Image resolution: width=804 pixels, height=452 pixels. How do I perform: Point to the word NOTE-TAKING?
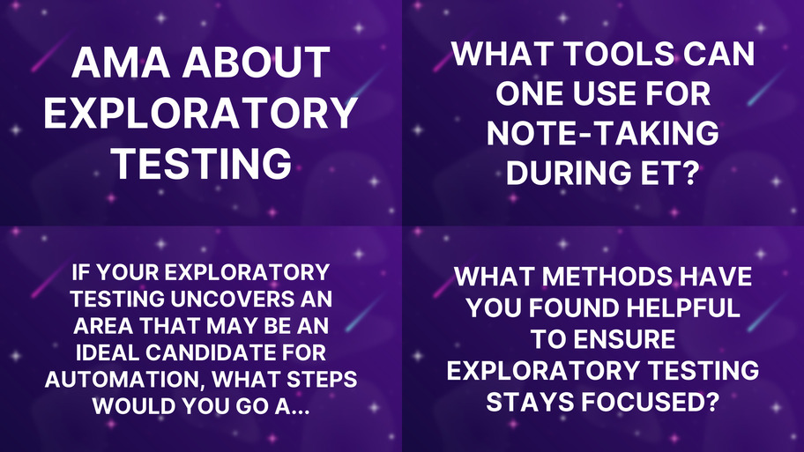(x=603, y=134)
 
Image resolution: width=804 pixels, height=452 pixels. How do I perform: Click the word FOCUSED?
(x=653, y=402)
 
